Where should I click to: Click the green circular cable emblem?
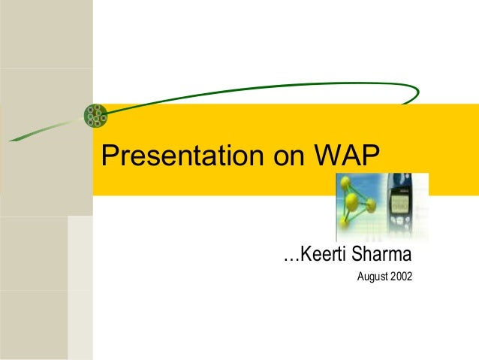click(x=95, y=114)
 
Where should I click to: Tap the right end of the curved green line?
click(x=417, y=96)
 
